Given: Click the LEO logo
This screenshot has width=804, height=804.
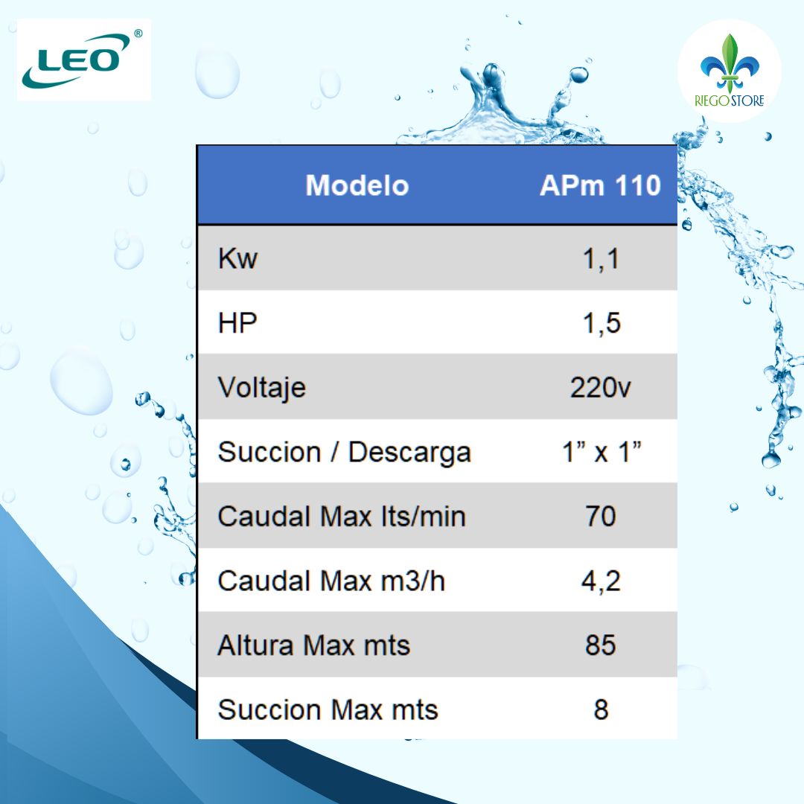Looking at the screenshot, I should pyautogui.click(x=83, y=60).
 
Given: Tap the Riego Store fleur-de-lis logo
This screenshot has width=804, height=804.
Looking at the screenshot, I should pyautogui.click(x=729, y=71).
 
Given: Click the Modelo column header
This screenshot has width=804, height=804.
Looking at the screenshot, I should pyautogui.click(x=357, y=185).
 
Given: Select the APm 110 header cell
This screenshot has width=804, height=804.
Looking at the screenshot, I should pyautogui.click(x=600, y=185).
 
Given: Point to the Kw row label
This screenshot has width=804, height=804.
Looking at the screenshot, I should pyautogui.click(x=237, y=259).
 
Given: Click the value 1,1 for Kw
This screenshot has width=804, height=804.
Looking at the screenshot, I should pyautogui.click(x=600, y=259).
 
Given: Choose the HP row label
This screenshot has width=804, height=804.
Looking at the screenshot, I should pyautogui.click(x=237, y=323).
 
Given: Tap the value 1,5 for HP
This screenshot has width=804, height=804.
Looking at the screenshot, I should pyautogui.click(x=600, y=323).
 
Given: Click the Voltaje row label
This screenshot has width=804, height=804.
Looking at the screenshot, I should pyautogui.click(x=261, y=388).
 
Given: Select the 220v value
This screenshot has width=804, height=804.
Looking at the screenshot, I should pyautogui.click(x=600, y=388).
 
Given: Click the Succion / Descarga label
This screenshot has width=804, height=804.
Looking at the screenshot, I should pyautogui.click(x=344, y=452).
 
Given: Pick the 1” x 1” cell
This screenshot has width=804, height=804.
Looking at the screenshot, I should pyautogui.click(x=600, y=452).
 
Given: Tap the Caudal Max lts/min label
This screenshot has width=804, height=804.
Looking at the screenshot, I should pyautogui.click(x=341, y=516).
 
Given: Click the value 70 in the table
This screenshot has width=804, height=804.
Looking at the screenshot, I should pyautogui.click(x=600, y=516).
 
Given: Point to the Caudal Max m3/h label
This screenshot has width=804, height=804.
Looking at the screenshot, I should pyautogui.click(x=331, y=581).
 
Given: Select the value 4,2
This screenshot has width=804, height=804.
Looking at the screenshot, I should pyautogui.click(x=600, y=581).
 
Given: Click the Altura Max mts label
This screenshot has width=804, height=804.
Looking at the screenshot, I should pyautogui.click(x=313, y=645).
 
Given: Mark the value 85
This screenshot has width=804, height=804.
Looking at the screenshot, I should pyautogui.click(x=600, y=645).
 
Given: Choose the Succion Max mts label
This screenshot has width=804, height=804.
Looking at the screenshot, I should pyautogui.click(x=328, y=709).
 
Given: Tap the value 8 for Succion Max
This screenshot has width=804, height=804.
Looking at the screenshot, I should pyautogui.click(x=600, y=709).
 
